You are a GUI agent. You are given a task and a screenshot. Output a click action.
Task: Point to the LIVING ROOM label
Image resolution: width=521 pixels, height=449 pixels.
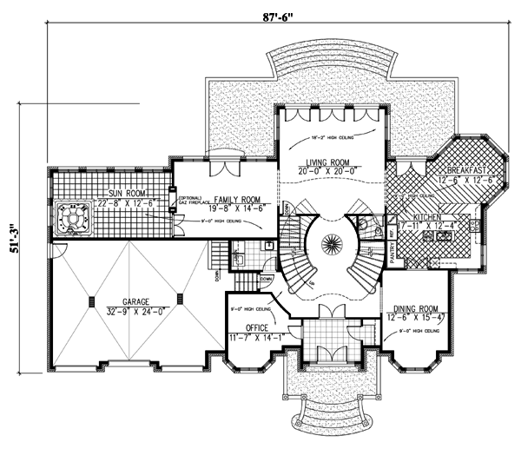point(328,162)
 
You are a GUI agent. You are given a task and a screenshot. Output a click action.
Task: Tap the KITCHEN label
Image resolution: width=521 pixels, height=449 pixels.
point(429,217)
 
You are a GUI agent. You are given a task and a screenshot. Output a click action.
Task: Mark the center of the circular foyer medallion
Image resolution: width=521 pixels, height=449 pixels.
point(330,243)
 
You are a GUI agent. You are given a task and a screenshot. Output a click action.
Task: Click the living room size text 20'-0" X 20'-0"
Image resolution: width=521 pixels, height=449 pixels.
point(328,171)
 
